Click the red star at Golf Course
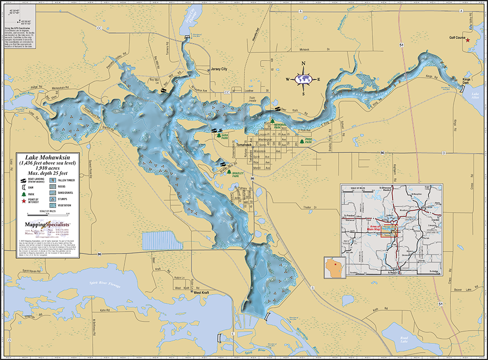coord(468,40)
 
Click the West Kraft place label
coord(202,292)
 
